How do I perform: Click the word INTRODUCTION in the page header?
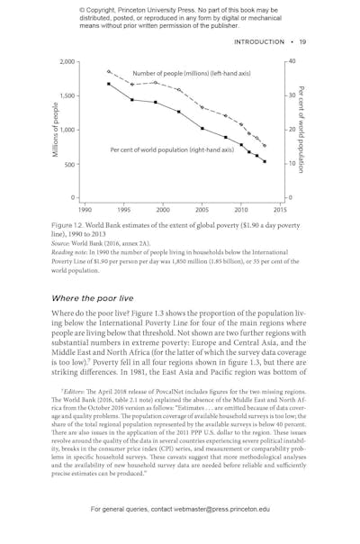[261, 41]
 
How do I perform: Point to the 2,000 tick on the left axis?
[67, 61]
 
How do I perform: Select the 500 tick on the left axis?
[70, 165]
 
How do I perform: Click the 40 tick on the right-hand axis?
[292, 61]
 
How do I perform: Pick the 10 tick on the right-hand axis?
[292, 165]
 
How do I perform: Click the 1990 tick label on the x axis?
[84, 209]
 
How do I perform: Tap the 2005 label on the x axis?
[202, 209]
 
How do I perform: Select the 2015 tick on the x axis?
[280, 209]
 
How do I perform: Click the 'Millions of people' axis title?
[56, 131]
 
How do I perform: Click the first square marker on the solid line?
[108, 84]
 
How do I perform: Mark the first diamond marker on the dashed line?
[108, 70]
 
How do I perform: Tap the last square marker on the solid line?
[265, 162]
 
